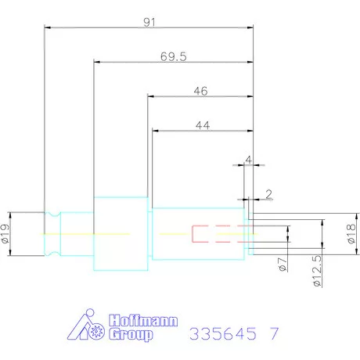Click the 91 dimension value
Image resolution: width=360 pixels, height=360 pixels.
point(149,23)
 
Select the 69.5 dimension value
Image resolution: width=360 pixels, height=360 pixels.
point(174,57)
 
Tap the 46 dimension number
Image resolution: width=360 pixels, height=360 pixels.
point(200,91)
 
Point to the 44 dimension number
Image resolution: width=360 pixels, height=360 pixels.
point(203,125)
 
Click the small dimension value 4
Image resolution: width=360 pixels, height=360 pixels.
point(249,160)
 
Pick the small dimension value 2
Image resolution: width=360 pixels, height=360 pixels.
point(268,194)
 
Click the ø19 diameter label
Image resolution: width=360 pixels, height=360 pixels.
point(5,233)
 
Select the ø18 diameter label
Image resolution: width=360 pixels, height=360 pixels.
point(351,234)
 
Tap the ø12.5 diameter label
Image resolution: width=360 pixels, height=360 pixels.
point(317,271)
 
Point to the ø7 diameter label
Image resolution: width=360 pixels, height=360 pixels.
point(283,265)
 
